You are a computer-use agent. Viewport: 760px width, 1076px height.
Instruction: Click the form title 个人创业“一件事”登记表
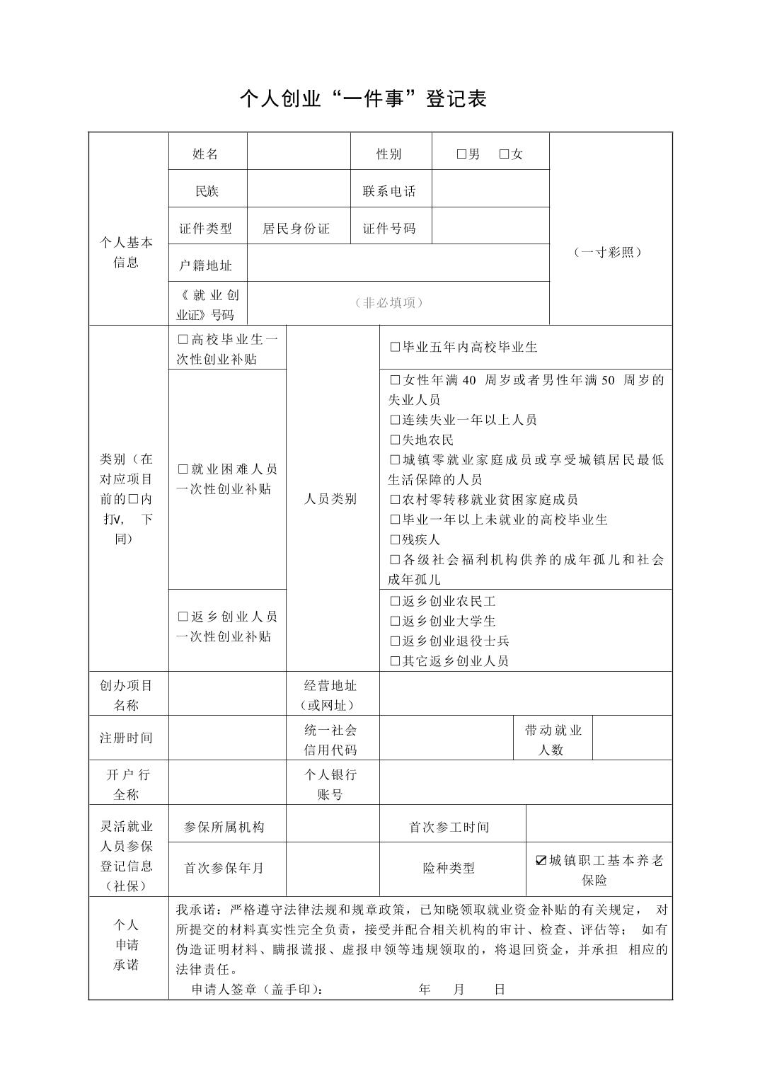click(363, 98)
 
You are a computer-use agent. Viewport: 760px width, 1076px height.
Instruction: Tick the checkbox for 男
click(461, 154)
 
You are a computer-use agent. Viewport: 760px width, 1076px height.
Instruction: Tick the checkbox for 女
click(504, 154)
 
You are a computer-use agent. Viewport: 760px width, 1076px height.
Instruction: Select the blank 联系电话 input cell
click(490, 190)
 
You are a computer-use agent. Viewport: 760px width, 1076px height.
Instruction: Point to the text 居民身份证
click(296, 228)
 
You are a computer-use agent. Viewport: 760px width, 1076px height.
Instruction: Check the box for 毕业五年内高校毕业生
click(395, 347)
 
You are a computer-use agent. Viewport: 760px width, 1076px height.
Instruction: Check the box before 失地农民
click(395, 440)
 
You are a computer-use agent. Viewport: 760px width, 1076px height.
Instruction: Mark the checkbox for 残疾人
click(395, 539)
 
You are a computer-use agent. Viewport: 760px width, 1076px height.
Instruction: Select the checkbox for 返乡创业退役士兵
click(395, 641)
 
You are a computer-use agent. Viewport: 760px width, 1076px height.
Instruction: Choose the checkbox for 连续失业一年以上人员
click(395, 420)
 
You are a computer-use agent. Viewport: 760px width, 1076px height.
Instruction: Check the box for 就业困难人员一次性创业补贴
click(183, 469)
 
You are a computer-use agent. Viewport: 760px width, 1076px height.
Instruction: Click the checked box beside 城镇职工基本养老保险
click(541, 860)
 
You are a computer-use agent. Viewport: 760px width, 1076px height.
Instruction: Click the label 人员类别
click(330, 498)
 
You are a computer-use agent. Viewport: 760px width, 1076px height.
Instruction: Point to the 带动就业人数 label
click(552, 739)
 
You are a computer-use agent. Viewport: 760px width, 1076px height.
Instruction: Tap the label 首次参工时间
click(449, 827)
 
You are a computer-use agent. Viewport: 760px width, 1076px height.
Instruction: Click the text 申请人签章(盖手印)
click(258, 989)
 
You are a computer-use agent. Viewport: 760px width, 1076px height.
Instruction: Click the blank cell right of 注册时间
click(227, 738)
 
